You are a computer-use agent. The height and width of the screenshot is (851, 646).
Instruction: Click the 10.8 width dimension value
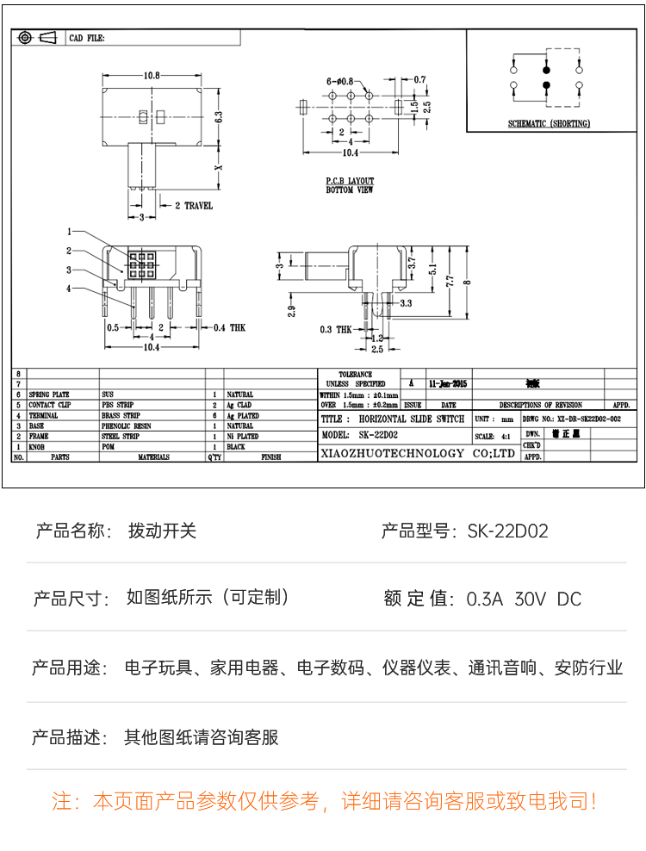pyautogui.click(x=152, y=75)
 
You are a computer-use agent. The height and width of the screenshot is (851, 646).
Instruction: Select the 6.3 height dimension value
pyautogui.click(x=219, y=116)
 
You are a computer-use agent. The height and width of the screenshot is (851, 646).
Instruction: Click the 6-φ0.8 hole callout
pyautogui.click(x=340, y=80)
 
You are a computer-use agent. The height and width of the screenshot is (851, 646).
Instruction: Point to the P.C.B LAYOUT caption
pyautogui.click(x=349, y=182)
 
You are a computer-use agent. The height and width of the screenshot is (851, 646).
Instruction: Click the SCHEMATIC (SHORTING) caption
pyautogui.click(x=549, y=124)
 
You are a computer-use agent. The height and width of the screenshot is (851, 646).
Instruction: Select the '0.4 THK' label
pyautogui.click(x=229, y=327)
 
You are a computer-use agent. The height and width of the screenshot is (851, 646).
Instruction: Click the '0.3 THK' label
pyautogui.click(x=335, y=330)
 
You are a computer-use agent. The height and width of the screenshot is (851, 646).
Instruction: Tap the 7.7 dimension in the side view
pyautogui.click(x=449, y=281)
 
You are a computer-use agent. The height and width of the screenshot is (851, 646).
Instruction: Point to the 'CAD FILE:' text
pyautogui.click(x=86, y=39)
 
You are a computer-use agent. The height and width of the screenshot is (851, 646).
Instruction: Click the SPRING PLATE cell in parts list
pyautogui.click(x=49, y=394)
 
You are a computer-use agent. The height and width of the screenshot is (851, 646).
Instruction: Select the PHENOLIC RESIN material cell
pyautogui.click(x=126, y=425)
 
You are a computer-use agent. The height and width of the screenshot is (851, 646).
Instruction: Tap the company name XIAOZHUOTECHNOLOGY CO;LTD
pyautogui.click(x=417, y=453)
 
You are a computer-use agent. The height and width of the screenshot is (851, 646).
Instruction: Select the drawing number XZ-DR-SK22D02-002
pyautogui.click(x=571, y=419)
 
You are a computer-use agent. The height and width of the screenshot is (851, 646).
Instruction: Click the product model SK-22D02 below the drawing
pyautogui.click(x=507, y=531)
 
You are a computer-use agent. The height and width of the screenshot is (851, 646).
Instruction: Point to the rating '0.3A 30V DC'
pyautogui.click(x=524, y=599)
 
